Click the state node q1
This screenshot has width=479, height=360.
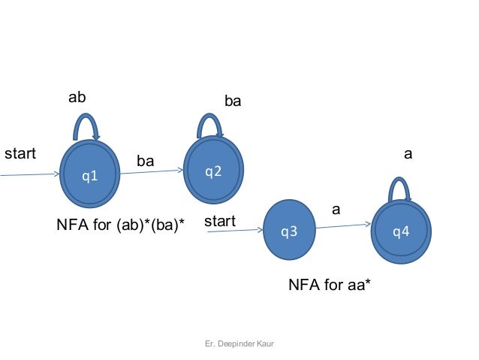[x=90, y=175]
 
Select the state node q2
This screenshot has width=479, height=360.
[x=213, y=171]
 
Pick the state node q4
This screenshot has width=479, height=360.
[x=402, y=231]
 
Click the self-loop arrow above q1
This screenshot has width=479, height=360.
[x=86, y=122]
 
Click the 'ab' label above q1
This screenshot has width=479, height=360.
[x=77, y=98]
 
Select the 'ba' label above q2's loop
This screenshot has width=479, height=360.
[x=233, y=101]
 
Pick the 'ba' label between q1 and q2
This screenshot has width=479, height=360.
[x=145, y=161]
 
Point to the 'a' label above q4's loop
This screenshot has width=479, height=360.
[x=408, y=154]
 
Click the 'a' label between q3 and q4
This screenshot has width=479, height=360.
[x=336, y=210]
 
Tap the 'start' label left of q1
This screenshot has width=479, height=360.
[x=20, y=155]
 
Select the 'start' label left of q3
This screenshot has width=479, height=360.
[x=220, y=222]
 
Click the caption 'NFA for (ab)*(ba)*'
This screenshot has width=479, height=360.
[x=121, y=224]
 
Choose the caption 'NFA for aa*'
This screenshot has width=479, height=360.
[x=330, y=286]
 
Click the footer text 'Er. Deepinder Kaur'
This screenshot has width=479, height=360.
[x=239, y=343]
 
